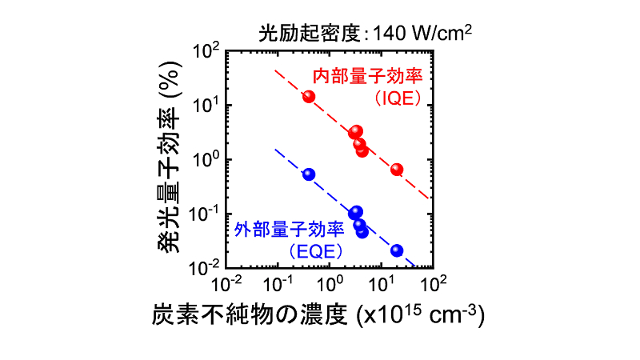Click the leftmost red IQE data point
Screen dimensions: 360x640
[x=309, y=97]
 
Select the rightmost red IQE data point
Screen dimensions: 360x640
[x=397, y=170]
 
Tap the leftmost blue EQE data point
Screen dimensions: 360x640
[x=309, y=174]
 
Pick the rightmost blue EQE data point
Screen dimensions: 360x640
[x=397, y=250]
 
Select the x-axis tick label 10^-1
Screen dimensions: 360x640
[x=280, y=284]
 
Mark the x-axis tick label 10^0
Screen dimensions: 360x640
[x=333, y=284]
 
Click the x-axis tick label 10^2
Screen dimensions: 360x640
[x=436, y=284]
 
